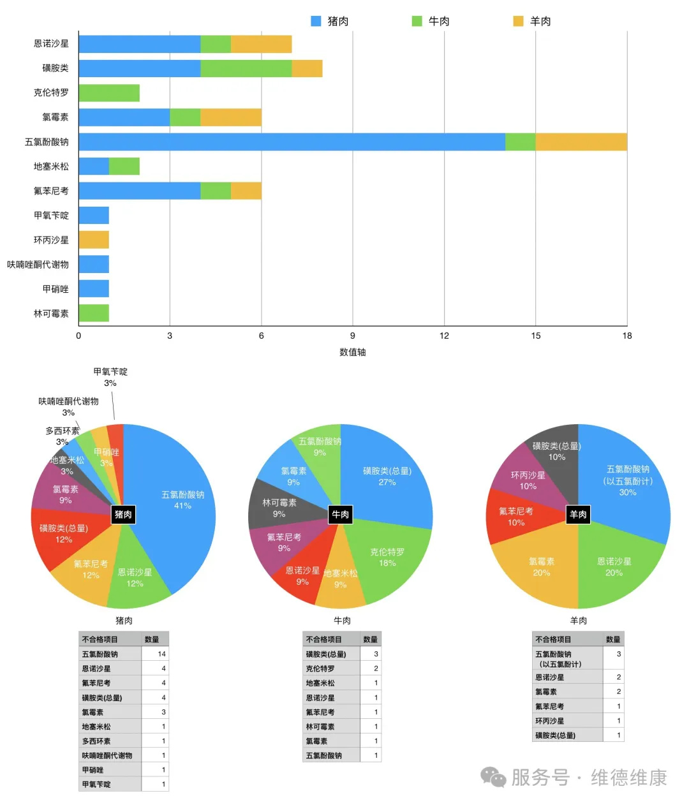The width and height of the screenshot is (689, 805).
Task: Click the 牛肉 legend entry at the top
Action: [431, 21]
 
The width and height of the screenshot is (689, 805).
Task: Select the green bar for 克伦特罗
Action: [109, 92]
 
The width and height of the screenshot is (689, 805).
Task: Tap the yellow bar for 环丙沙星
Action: [94, 240]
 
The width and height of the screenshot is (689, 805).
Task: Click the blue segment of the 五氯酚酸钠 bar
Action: [292, 142]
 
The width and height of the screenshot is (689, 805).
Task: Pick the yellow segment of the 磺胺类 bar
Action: [307, 68]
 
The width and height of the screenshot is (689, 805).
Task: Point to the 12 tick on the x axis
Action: [444, 336]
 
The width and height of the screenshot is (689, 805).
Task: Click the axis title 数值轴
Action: [352, 352]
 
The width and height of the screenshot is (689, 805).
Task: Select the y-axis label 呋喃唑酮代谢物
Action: [38, 265]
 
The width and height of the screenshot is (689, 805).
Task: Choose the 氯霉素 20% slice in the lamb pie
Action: [539, 568]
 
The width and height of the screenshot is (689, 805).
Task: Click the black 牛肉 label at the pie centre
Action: [341, 514]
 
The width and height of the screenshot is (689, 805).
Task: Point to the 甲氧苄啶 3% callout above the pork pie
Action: [110, 377]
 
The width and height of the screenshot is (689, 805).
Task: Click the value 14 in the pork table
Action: [161, 654]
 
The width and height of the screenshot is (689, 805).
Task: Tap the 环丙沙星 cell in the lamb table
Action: [549, 721]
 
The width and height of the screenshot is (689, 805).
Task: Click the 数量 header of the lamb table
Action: [613, 639]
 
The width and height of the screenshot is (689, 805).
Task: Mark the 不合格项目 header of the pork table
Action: [100, 639]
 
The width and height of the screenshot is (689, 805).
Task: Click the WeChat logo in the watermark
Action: [493, 777]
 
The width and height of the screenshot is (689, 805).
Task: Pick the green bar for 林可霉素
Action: [94, 313]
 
